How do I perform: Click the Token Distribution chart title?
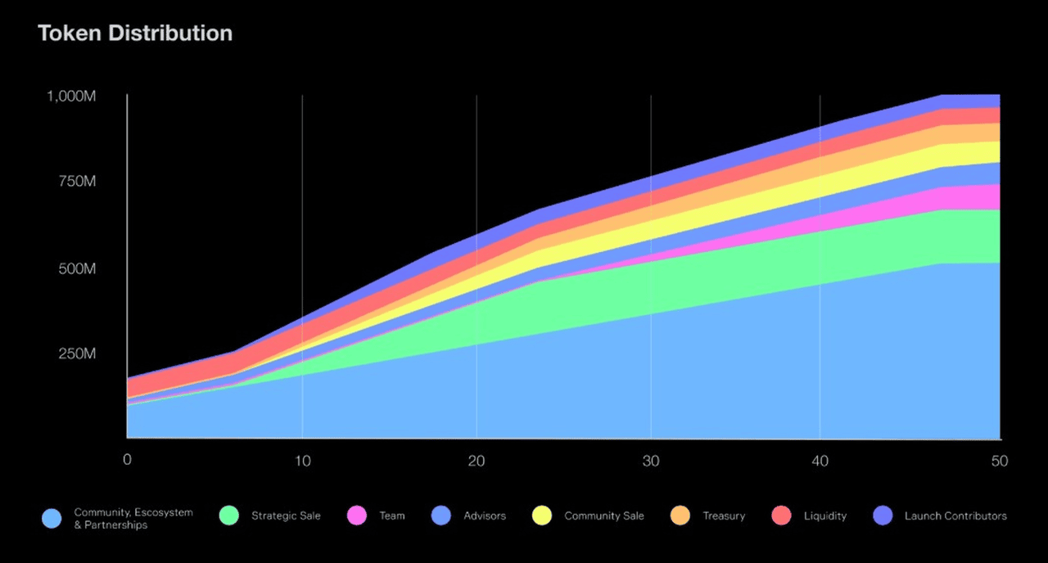[x=135, y=34]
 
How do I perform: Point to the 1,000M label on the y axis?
[x=72, y=96]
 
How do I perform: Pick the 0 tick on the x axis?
[x=127, y=461]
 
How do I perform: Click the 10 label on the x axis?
[x=302, y=461]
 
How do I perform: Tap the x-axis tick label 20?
[x=477, y=461]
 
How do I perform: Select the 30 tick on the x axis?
[x=651, y=461]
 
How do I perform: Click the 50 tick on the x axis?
[x=999, y=461]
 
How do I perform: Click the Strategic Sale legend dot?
[x=229, y=516]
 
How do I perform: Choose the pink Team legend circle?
[x=357, y=516]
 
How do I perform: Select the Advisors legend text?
[x=485, y=516]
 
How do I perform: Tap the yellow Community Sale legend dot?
[x=541, y=516]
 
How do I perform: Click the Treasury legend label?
[x=724, y=516]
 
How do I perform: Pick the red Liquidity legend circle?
[x=781, y=516]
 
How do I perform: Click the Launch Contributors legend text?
[x=955, y=516]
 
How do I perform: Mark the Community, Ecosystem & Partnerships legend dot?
[x=52, y=518]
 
